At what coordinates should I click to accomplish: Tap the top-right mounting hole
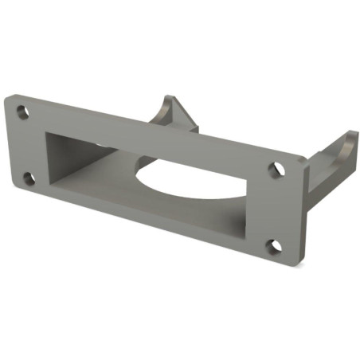point(276,169)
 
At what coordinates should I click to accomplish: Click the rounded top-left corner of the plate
point(8,100)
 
